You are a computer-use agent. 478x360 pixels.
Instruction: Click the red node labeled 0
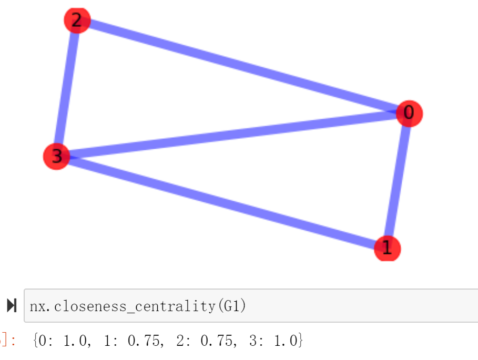point(409,113)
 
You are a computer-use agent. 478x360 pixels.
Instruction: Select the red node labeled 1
point(388,248)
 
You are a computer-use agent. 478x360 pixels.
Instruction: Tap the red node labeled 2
point(77,20)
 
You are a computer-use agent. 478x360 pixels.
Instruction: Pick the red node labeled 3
point(57,156)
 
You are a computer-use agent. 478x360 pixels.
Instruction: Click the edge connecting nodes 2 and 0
point(242,66)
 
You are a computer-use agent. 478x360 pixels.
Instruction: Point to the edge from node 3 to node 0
point(231,135)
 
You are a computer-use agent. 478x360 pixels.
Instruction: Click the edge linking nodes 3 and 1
point(221,202)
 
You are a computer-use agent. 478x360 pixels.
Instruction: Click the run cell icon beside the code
point(12,305)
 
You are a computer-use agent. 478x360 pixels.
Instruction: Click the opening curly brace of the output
point(35,341)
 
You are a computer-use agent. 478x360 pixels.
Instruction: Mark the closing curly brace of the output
point(300,341)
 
